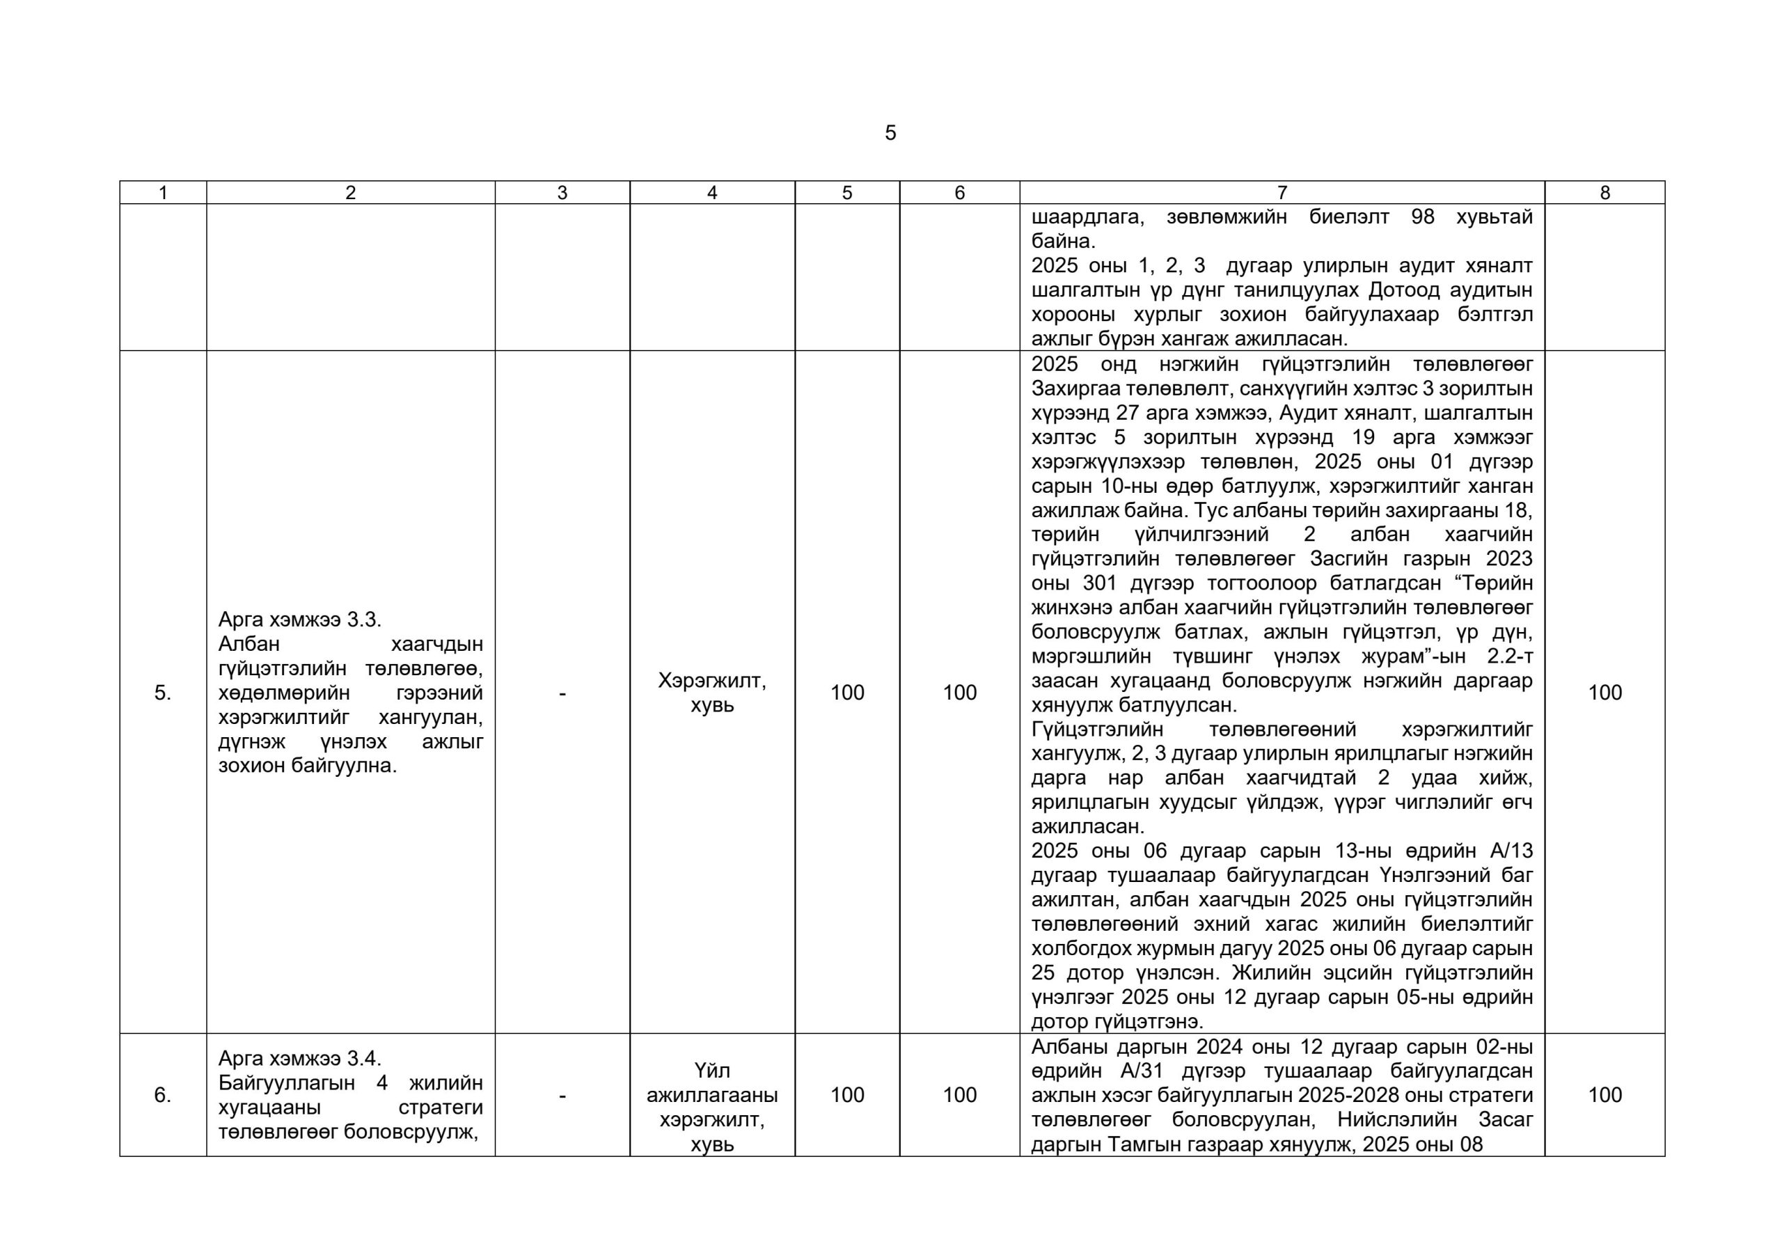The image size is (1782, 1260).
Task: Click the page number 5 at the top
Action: coord(890,133)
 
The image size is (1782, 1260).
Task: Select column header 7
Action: coord(1282,193)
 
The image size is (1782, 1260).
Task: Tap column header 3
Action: coord(562,193)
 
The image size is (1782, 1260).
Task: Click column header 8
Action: coord(1604,193)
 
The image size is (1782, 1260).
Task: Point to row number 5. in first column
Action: coord(162,693)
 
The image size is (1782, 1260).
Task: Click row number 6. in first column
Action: coord(162,1094)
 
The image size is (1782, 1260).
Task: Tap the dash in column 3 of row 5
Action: coord(562,693)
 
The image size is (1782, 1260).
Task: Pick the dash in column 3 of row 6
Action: coord(562,1094)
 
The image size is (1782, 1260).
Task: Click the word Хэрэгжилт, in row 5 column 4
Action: coord(711,681)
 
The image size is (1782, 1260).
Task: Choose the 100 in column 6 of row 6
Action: coord(959,1094)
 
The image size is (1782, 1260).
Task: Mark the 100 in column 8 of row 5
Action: coord(1604,693)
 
